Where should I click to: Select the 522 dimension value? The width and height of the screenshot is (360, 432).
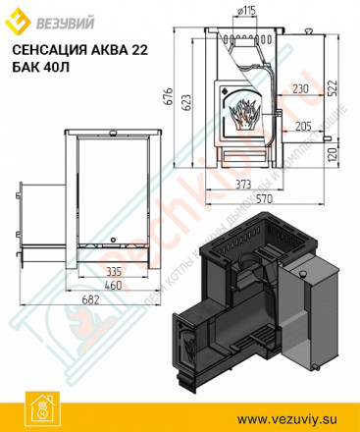336,89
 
